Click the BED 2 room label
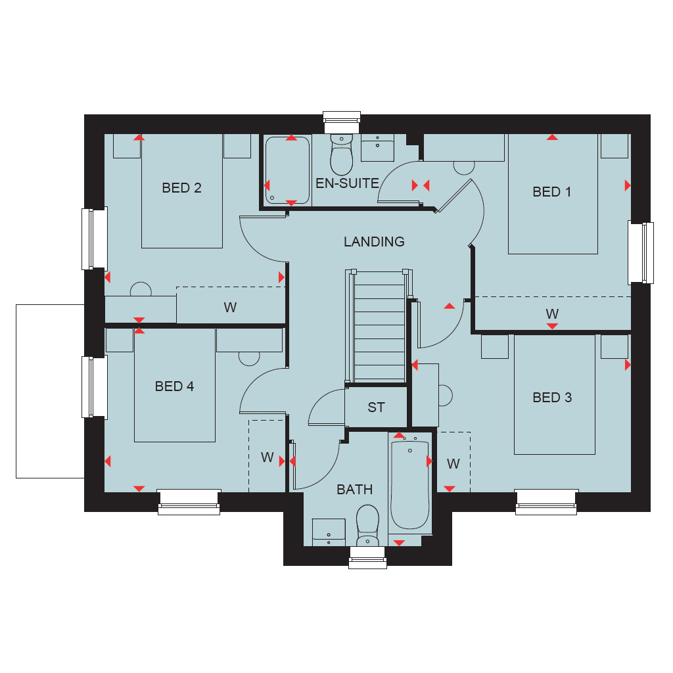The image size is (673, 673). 181,188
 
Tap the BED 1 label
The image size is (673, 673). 551,192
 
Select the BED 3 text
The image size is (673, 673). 552,398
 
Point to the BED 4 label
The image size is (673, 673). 174,386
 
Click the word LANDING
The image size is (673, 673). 374,242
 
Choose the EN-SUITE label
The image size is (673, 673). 347,183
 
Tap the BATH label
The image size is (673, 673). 354,489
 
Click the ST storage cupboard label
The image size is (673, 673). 376,407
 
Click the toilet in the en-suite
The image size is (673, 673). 342,154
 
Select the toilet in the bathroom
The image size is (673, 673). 368,525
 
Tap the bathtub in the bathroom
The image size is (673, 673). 410,485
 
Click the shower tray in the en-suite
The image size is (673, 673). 287,170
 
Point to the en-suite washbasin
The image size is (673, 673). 378,148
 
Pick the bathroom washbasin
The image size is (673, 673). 329,532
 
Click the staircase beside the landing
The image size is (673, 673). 379,326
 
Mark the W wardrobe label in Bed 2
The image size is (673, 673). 230,308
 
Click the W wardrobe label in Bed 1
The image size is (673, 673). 552,313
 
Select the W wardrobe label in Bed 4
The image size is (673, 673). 267,457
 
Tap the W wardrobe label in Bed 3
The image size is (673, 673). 453,463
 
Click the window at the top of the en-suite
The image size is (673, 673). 342,123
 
